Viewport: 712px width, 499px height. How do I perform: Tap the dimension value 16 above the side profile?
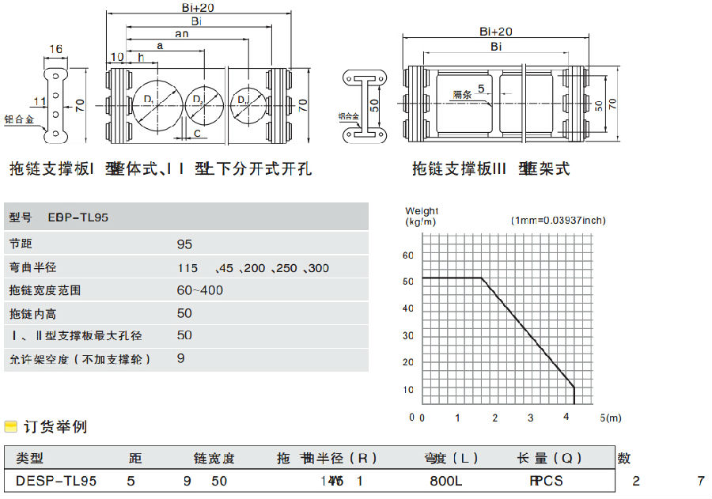click(x=55, y=50)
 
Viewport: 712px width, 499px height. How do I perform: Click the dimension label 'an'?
click(x=181, y=33)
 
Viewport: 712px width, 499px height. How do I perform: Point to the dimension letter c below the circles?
click(x=197, y=133)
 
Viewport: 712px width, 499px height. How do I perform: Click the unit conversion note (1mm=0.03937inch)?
click(x=559, y=220)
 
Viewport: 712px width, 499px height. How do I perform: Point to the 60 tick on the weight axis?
click(x=409, y=255)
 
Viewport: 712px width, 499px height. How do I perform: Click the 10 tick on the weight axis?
click(x=409, y=390)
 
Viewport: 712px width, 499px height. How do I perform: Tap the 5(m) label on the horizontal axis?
click(x=610, y=417)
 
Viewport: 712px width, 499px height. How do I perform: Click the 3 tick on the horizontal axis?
click(x=531, y=417)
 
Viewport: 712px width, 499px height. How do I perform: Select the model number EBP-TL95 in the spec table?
click(x=78, y=217)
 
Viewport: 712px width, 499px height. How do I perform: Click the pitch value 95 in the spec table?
click(x=184, y=244)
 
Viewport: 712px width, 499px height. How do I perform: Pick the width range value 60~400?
click(x=199, y=290)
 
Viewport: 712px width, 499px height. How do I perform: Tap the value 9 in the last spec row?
click(x=181, y=358)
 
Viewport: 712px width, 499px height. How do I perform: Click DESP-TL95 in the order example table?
click(x=56, y=480)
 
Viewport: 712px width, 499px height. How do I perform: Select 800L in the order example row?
click(x=445, y=480)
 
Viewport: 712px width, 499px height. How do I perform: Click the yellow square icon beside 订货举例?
click(x=10, y=427)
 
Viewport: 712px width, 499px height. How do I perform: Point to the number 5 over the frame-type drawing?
click(x=481, y=89)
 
